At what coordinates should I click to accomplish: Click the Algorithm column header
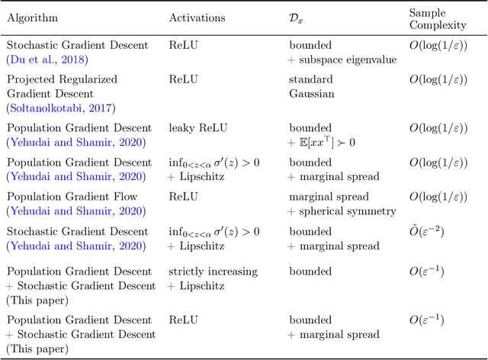tap(32, 18)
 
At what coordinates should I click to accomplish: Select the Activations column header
tap(197, 18)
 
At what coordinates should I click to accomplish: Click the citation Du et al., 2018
tap(47, 59)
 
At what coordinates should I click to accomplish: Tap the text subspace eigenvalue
tap(348, 59)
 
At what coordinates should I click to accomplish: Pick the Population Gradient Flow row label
tap(77, 197)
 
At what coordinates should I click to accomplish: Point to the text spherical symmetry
tap(349, 211)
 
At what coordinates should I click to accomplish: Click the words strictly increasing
tap(213, 272)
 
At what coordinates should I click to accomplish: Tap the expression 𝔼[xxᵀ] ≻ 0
tap(330, 142)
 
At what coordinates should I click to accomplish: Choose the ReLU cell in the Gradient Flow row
tap(183, 197)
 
